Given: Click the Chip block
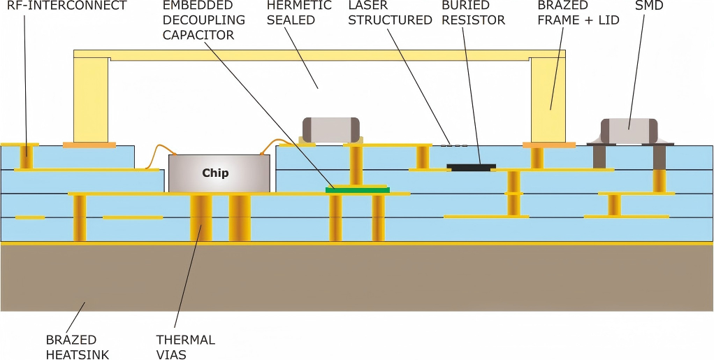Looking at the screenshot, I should pyautogui.click(x=219, y=173).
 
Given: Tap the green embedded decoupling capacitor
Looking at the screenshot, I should pyautogui.click(x=357, y=189).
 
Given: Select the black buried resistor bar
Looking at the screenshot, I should pyautogui.click(x=471, y=167).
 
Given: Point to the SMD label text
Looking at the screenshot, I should pyautogui.click(x=649, y=6).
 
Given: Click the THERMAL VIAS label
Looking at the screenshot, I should pyautogui.click(x=185, y=347).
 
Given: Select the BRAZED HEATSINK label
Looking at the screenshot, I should pyautogui.click(x=78, y=347).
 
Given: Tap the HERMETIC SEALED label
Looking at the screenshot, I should pyautogui.click(x=299, y=13).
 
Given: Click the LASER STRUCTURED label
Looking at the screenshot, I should pyautogui.click(x=390, y=13).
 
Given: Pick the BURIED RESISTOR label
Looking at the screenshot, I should pyautogui.click(x=473, y=13).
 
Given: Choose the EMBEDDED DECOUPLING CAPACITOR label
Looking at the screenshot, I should pyautogui.click(x=203, y=20).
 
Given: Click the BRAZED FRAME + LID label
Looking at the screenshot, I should pyautogui.click(x=578, y=13).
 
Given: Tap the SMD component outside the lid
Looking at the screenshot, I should pyautogui.click(x=629, y=131).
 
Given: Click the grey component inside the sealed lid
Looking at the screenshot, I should pyautogui.click(x=330, y=129).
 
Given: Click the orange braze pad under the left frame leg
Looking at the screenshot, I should pyautogui.click(x=89, y=145).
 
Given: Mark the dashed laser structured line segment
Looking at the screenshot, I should pyautogui.click(x=453, y=145).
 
